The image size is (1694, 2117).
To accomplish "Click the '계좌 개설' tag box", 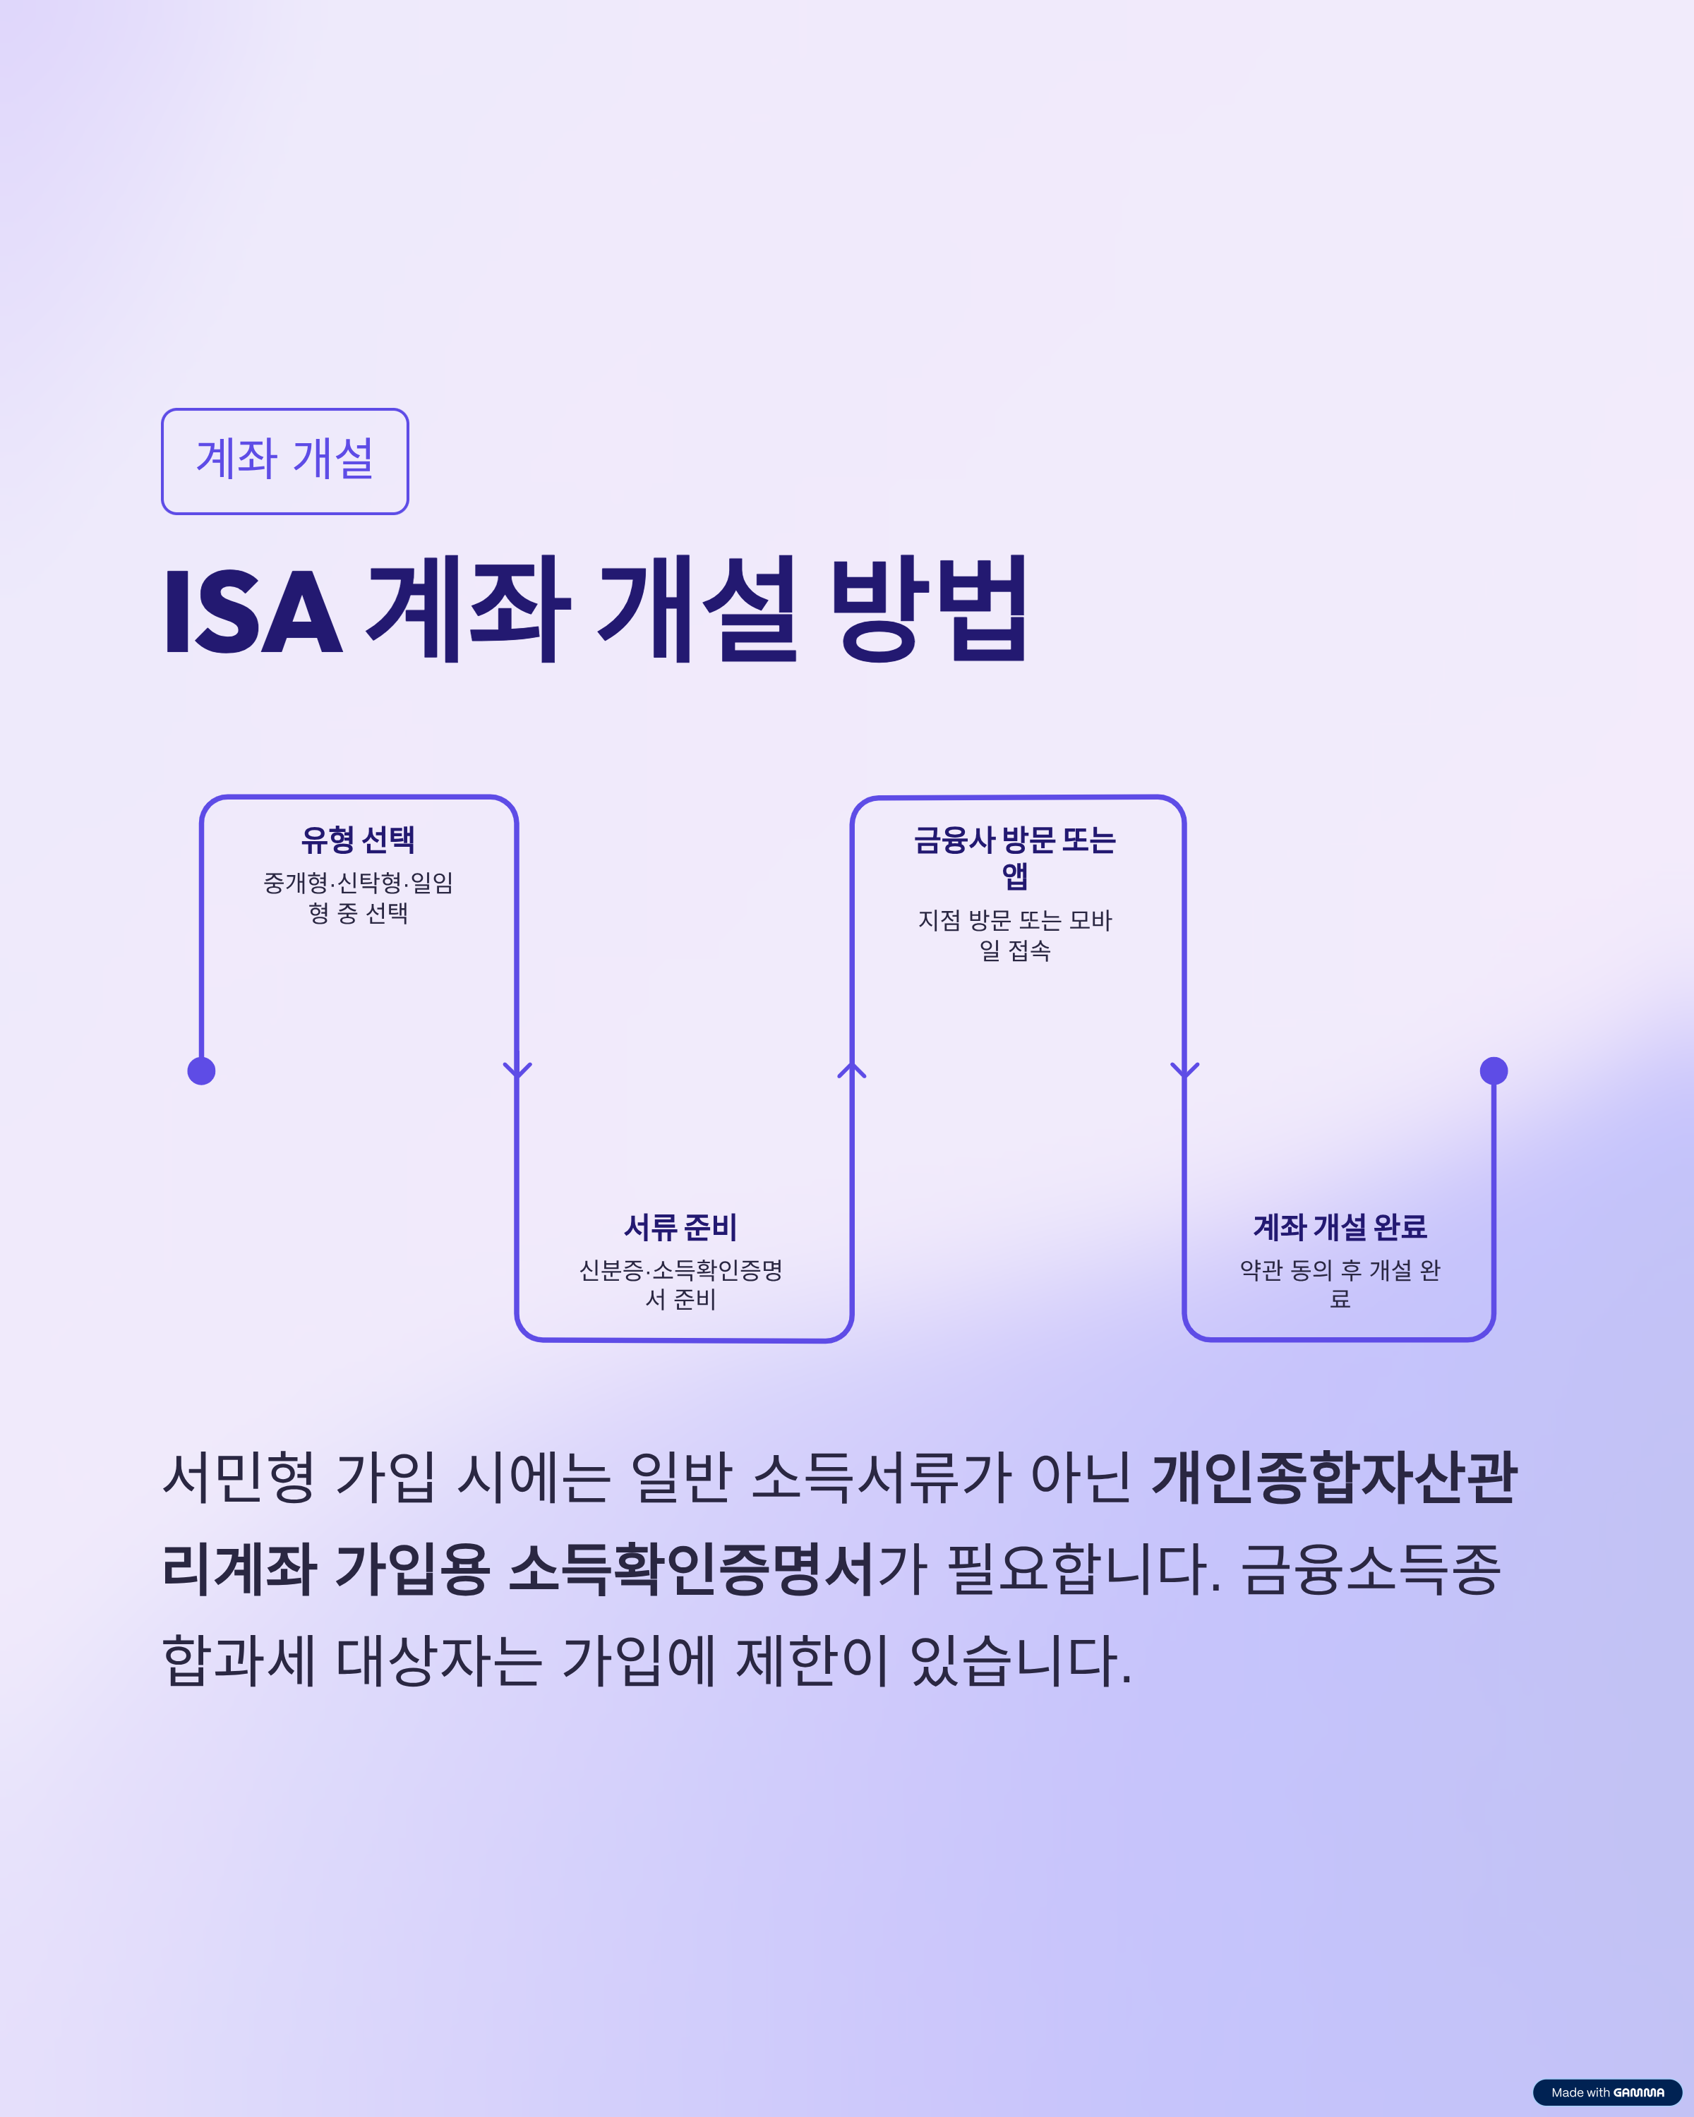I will tap(284, 461).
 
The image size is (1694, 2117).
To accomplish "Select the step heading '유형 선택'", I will tap(359, 840).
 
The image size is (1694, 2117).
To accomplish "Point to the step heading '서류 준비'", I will tap(680, 1226).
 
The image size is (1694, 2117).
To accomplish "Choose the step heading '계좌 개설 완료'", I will tap(1340, 1226).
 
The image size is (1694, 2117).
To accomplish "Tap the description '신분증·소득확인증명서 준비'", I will tap(680, 1284).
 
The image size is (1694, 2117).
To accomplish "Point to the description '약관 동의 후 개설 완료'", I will tap(1340, 1284).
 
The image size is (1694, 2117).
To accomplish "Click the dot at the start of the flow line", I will tap(201, 1070).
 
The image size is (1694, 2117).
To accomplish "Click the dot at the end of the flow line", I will tap(1494, 1070).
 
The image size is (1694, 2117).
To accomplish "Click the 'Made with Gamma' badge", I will tap(1608, 2092).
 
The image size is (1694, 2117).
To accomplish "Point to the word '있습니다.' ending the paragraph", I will tap(1021, 1660).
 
